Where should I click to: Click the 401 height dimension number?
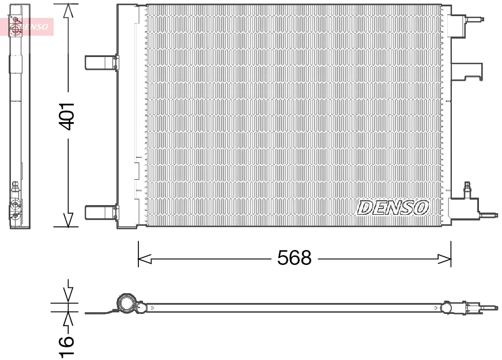67,116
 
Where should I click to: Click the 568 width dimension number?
294,258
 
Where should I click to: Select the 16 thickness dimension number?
66,346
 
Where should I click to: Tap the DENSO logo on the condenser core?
393,208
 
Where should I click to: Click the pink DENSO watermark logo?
27,26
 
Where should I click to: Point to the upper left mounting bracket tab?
102,62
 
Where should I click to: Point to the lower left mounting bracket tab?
102,213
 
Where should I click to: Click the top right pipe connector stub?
474,19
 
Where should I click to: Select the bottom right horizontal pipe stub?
489,215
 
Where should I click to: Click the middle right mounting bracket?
467,71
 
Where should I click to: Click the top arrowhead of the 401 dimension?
68,11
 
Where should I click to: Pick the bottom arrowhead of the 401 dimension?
68,220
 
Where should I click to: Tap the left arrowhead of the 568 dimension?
145,259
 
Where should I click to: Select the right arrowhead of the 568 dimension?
444,259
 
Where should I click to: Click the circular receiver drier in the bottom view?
127,303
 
